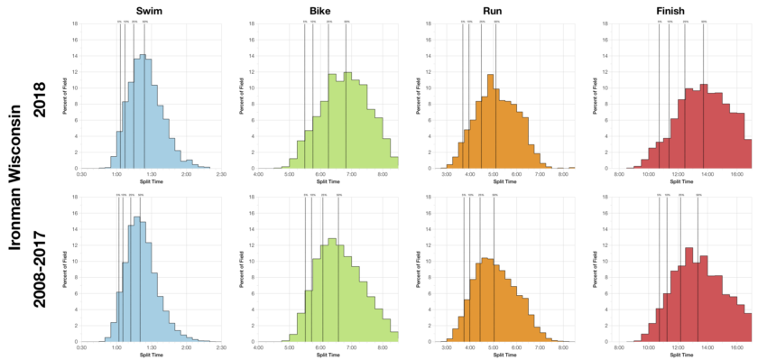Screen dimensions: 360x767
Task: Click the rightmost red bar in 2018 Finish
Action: pos(747,153)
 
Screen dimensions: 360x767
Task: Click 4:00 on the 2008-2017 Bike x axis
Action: pos(259,347)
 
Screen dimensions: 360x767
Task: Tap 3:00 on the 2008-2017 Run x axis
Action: pos(447,347)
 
